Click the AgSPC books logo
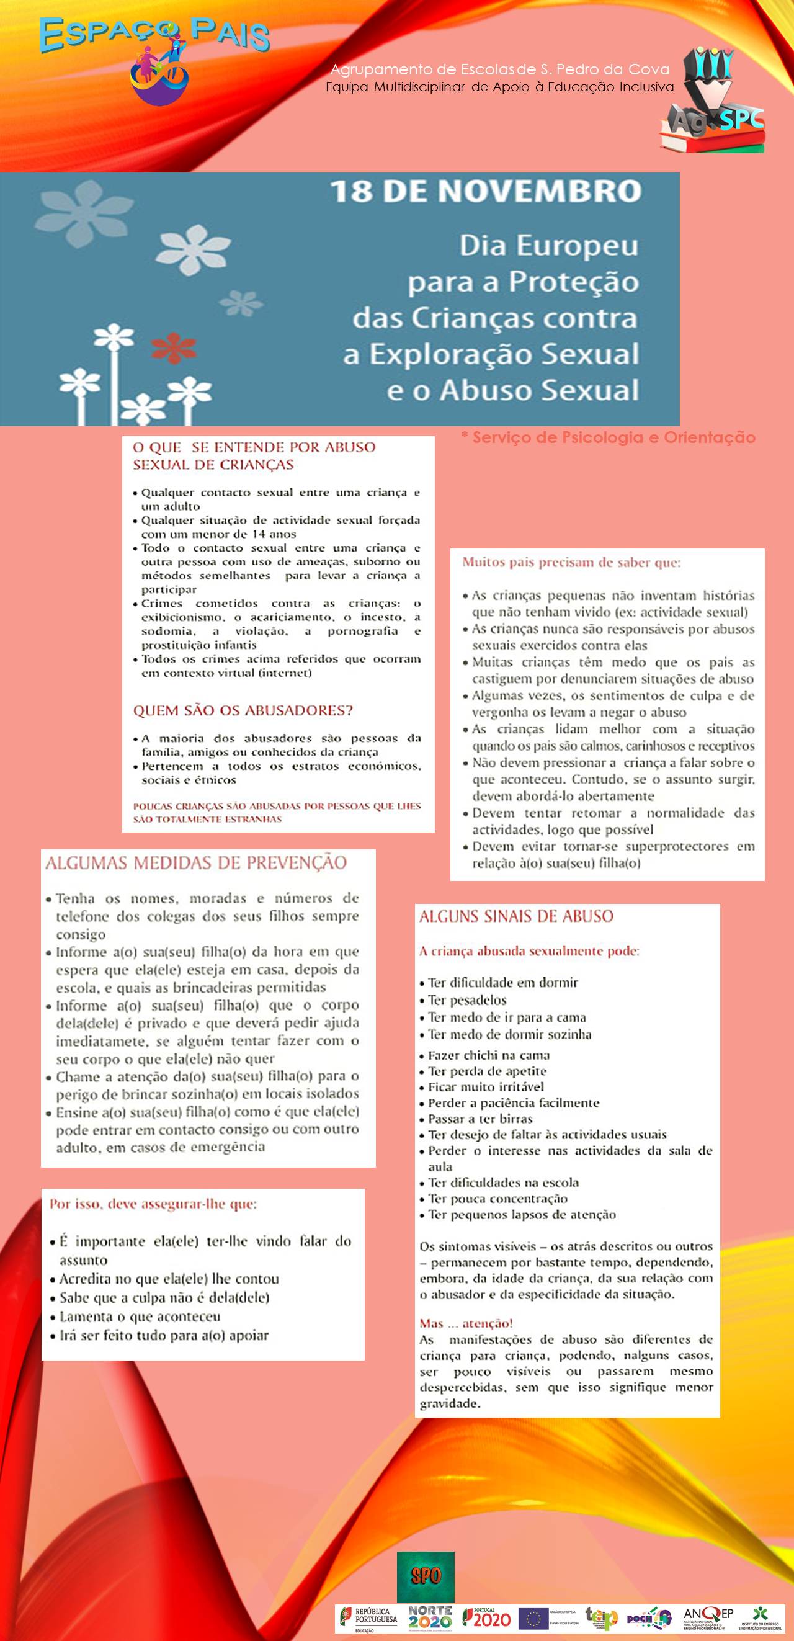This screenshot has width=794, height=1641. [x=714, y=102]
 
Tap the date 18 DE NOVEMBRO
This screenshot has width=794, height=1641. [x=486, y=191]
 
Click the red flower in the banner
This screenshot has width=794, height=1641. [x=173, y=349]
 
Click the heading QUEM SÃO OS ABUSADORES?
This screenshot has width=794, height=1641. [x=243, y=710]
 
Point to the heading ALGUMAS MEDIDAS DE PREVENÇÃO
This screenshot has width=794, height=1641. [x=196, y=862]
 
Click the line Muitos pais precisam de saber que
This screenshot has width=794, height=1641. [x=571, y=562]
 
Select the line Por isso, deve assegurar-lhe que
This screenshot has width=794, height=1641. [x=153, y=1204]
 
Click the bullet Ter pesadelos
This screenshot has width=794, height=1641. [x=466, y=999]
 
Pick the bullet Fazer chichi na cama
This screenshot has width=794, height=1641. [x=488, y=1055]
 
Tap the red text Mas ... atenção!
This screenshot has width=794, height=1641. [x=465, y=1323]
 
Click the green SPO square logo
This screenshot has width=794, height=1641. [x=426, y=1575]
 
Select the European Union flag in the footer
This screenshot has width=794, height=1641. [x=533, y=1618]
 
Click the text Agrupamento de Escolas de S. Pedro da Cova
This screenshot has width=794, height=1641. [x=500, y=69]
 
